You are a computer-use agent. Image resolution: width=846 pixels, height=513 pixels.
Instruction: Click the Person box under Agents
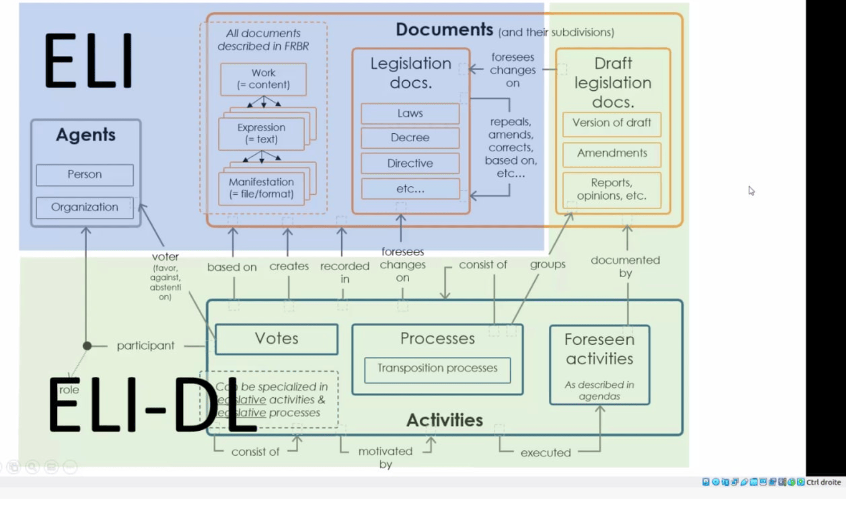point(84,175)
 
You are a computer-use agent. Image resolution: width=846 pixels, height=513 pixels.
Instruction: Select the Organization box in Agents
point(84,207)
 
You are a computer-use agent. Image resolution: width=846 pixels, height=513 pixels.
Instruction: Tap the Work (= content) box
point(263,79)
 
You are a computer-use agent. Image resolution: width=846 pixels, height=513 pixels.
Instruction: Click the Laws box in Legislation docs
point(410,113)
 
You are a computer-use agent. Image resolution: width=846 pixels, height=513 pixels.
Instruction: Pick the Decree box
point(410,138)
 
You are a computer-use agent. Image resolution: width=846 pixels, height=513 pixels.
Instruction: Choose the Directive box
point(410,163)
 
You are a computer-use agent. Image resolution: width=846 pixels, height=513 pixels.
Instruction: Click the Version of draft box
point(612,123)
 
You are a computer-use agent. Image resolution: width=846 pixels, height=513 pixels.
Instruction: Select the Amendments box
point(612,153)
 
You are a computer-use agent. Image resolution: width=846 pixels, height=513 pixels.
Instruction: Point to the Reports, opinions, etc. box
point(612,189)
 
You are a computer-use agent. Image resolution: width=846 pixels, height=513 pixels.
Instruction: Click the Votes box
point(276,339)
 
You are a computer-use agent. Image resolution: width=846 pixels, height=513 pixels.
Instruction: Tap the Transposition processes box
point(437,369)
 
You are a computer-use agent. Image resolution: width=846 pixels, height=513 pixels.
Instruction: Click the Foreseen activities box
point(599,364)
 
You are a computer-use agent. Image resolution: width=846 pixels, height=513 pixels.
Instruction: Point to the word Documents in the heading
point(444,30)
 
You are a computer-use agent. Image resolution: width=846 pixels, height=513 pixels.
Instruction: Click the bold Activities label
point(445,420)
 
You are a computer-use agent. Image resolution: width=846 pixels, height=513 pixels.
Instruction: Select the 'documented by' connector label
point(625,266)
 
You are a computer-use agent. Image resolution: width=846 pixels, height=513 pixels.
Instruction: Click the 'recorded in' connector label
point(344,272)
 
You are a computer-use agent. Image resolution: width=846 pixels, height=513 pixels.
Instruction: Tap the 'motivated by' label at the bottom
point(385,457)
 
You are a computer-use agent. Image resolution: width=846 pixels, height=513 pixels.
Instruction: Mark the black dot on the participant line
point(87,346)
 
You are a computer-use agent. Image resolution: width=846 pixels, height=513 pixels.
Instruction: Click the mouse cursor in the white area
point(751,190)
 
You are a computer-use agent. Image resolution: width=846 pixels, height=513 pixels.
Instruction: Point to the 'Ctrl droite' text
point(823,482)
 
